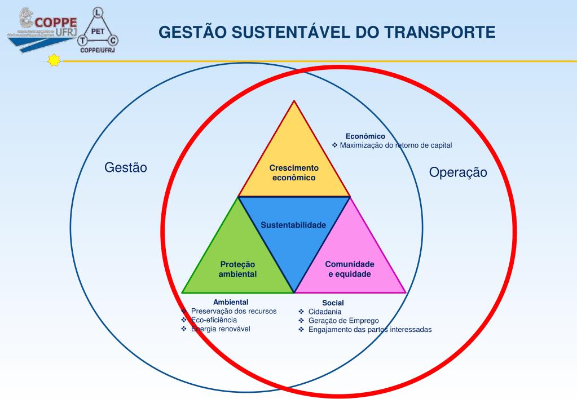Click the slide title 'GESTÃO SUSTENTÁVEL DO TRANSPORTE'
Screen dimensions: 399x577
[x=327, y=32]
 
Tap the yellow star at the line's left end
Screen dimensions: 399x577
[x=54, y=60]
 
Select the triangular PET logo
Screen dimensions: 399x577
[x=99, y=28]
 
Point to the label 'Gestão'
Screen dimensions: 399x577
[x=126, y=168]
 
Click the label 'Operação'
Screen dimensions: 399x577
[x=457, y=172]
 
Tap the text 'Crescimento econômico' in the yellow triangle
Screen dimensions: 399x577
[x=294, y=172]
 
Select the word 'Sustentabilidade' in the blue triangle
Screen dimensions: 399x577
[x=293, y=225]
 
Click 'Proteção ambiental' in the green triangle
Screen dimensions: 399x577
[x=237, y=269]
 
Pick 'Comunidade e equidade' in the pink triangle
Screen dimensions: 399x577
[x=350, y=269]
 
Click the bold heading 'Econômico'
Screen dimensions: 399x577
[x=365, y=136]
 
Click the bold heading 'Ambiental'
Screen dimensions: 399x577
[x=231, y=302]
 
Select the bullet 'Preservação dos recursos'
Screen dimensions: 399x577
[x=234, y=311]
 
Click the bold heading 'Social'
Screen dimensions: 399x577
[x=333, y=303]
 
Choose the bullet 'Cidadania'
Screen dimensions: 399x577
[x=324, y=312]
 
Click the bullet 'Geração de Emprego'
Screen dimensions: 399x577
[x=340, y=321]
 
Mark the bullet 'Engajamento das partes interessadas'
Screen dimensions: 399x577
[x=370, y=330]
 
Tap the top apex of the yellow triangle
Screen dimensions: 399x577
[x=294, y=102]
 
